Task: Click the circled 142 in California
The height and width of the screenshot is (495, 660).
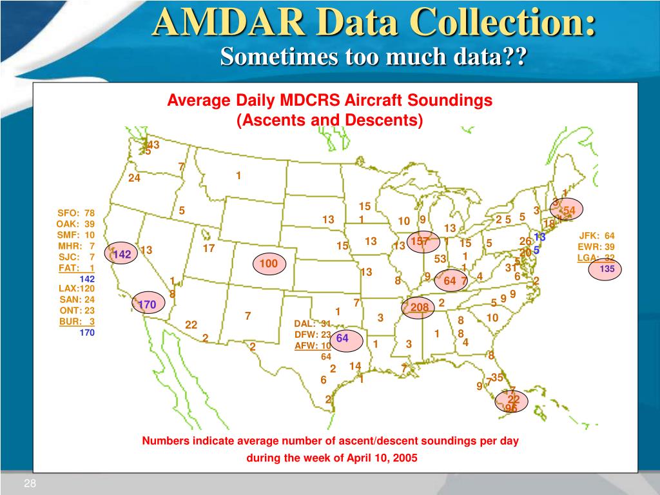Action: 122,255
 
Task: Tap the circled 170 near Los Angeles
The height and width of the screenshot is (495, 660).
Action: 147,304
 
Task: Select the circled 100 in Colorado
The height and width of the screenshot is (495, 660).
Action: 269,264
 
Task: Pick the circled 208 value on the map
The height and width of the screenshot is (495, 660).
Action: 419,307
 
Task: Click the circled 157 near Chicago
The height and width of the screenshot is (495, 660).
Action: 420,242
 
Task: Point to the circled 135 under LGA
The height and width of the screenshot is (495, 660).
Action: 607,269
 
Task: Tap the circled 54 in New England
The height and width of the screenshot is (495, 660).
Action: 568,211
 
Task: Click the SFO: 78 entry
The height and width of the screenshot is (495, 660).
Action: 76,213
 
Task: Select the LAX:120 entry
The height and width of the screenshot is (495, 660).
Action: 77,289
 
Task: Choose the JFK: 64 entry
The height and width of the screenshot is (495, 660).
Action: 596,235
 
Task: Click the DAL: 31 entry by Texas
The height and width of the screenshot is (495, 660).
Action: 313,324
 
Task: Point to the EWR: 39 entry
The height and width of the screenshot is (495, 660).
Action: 596,247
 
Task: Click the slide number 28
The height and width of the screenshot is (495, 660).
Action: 30,485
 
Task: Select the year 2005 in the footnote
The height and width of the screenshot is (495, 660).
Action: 405,458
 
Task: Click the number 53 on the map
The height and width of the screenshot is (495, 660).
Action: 440,258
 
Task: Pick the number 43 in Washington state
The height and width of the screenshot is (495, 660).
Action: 153,145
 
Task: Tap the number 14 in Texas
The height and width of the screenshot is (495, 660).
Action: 355,366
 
